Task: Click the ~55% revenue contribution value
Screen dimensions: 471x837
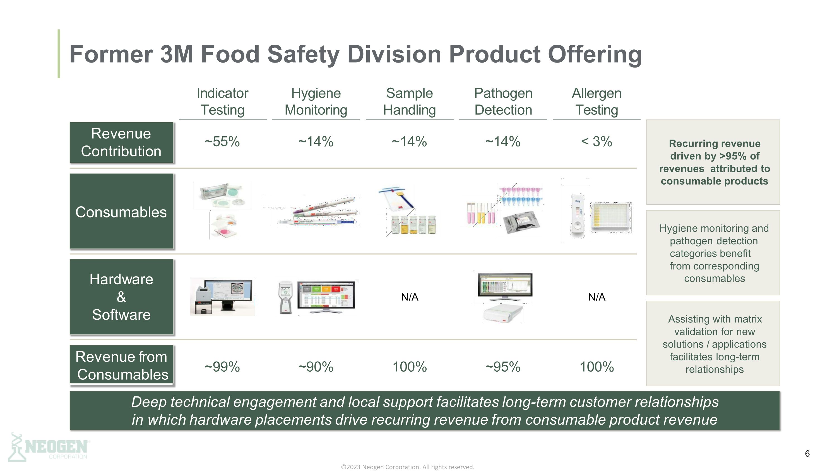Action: tap(222, 142)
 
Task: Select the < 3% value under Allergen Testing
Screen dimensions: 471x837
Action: tap(597, 142)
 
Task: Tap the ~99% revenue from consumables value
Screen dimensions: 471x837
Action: tap(222, 367)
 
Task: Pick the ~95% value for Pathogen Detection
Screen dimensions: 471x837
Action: tap(503, 367)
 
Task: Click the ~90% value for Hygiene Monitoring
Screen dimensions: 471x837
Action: tap(316, 367)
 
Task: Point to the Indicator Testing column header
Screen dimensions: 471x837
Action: tap(223, 101)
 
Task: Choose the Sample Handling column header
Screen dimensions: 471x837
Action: tap(409, 101)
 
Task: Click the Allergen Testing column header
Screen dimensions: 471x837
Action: tap(597, 101)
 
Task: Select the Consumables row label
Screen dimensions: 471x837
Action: tap(121, 212)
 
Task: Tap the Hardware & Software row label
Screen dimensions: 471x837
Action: tap(121, 297)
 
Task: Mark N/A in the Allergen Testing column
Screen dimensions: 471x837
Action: tap(597, 297)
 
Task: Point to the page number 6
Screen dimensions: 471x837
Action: tap(807, 454)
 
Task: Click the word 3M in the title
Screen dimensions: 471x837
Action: tap(177, 54)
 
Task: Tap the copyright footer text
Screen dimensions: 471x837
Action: tap(407, 467)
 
